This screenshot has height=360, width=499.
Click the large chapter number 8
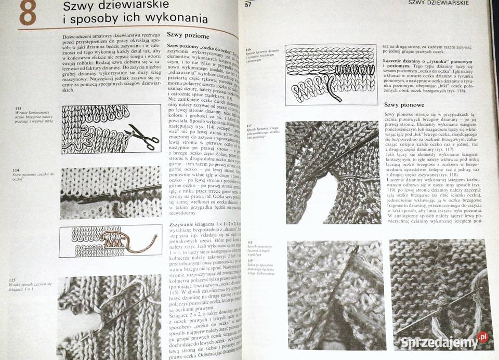28,14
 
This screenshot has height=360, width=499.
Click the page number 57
248,5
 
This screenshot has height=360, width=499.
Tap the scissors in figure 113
142,136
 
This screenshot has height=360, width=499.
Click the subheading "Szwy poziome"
188,36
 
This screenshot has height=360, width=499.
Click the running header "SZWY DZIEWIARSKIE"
439,3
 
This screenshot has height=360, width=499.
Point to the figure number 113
18,109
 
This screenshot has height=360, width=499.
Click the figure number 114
16,170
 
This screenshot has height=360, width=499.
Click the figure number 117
249,126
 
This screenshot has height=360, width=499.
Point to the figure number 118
249,242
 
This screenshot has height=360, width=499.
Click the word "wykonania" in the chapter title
176,20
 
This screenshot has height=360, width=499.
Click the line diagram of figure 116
330,74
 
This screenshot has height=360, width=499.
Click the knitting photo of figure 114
111,192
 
